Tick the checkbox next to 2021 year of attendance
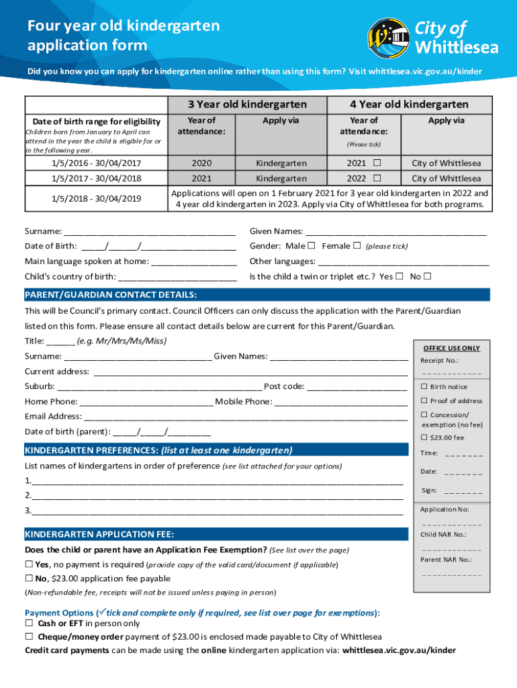click(x=377, y=163)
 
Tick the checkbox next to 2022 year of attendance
click(x=377, y=179)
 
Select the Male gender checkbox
click(x=312, y=245)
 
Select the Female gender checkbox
click(x=357, y=245)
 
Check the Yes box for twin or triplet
click(x=399, y=276)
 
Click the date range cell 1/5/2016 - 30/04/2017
click(x=97, y=163)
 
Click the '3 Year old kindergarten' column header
click(x=246, y=104)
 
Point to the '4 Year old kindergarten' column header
click(x=409, y=104)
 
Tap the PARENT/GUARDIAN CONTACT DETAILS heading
click(x=111, y=295)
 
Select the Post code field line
click(x=357, y=387)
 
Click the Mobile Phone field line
click(x=341, y=402)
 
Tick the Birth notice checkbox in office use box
click(x=424, y=386)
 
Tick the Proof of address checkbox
click(x=424, y=401)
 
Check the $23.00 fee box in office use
click(x=424, y=438)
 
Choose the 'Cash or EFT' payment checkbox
click(x=30, y=623)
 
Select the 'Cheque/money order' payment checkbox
click(x=30, y=637)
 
